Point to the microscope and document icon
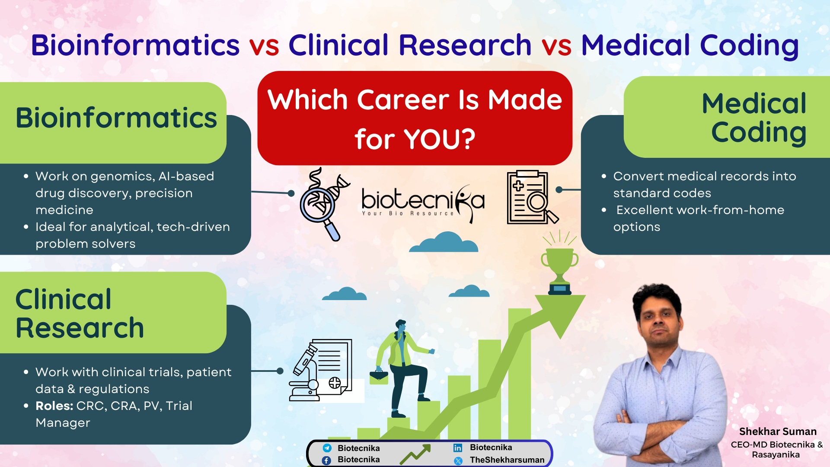[x=320, y=371]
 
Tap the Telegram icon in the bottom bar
[x=327, y=448]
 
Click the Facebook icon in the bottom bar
[x=327, y=460]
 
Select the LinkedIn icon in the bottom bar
[x=458, y=448]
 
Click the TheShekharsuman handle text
[x=507, y=460]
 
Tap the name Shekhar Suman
[x=777, y=432]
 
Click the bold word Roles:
[x=54, y=406]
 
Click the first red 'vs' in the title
[x=264, y=45]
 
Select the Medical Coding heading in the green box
[x=754, y=118]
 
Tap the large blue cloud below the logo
[x=444, y=243]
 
